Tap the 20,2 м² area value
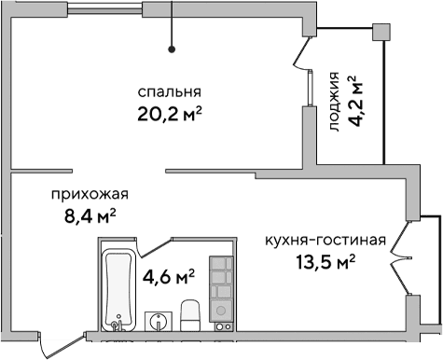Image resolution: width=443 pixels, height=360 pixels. pos(170,115)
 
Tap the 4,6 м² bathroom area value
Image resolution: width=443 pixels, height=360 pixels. pos(168,277)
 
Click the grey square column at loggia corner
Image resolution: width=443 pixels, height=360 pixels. pos(381,31)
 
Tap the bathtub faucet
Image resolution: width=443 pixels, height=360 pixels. pos(117,324)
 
